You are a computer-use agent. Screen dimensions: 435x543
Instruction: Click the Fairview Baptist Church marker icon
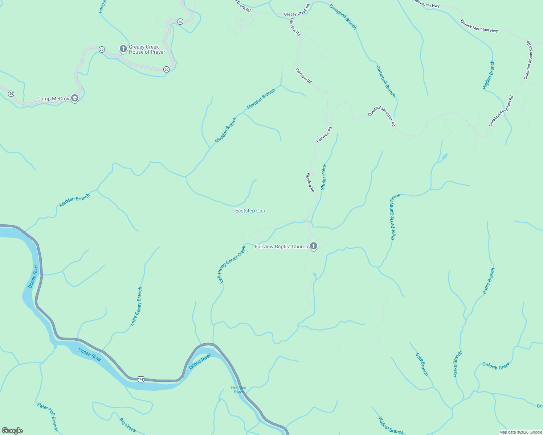[314, 246]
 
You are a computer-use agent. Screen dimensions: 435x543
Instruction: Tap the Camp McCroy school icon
[75, 99]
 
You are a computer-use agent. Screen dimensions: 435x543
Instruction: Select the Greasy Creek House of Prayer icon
[123, 49]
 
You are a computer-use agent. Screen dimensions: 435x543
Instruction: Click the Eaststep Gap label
[250, 211]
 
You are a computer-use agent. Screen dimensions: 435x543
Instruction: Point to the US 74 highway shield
[141, 379]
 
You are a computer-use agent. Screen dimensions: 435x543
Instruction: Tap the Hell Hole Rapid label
[238, 390]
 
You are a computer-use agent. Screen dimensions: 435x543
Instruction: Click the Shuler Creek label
[323, 177]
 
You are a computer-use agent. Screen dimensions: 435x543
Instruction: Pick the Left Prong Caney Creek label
[231, 264]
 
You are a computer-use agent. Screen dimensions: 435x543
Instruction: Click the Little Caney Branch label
[136, 306]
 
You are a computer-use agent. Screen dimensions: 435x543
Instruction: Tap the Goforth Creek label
[496, 366]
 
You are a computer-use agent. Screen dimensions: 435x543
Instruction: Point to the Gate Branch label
[422, 364]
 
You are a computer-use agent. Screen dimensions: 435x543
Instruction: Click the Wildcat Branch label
[391, 426]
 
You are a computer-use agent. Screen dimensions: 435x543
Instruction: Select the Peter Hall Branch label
[48, 417]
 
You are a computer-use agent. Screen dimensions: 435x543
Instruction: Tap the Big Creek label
[127, 425]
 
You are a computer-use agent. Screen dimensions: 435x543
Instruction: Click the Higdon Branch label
[489, 75]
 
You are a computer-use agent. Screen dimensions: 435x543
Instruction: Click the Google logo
[12, 431]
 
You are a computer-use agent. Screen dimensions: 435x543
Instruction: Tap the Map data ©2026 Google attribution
[520, 432]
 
